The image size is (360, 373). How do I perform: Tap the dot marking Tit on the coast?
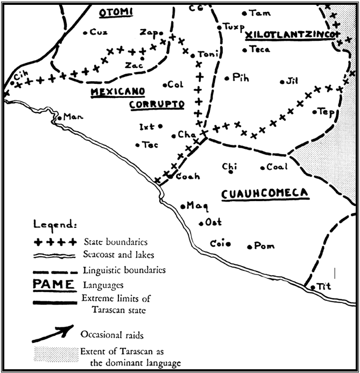tap(314, 288)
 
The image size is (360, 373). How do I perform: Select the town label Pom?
tap(264, 246)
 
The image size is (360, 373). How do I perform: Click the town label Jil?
tap(292, 81)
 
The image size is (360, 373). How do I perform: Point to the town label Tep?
tap(327, 111)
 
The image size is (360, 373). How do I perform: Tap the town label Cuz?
tap(98, 32)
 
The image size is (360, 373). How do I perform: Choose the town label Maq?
tap(197, 205)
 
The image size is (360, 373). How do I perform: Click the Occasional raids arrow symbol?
tap(52, 333)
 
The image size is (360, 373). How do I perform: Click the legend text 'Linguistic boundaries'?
tap(124, 270)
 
